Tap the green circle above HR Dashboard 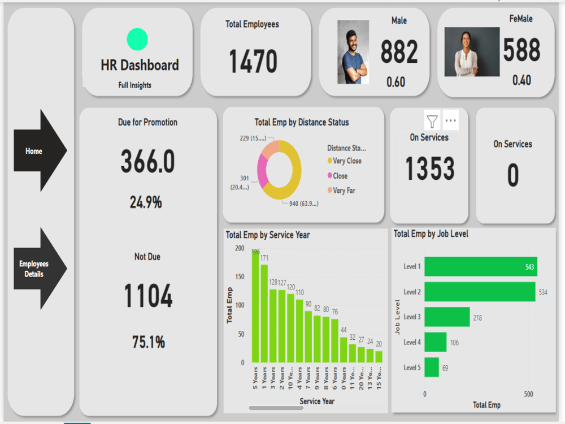(x=137, y=40)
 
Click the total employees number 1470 (x=253, y=62)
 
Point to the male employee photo (x=353, y=52)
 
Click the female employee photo (x=471, y=51)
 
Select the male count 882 (x=399, y=53)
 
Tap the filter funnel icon (x=432, y=120)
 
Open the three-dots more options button (x=451, y=120)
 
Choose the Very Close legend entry (x=346, y=161)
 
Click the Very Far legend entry (x=344, y=191)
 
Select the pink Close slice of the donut (x=262, y=171)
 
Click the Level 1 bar (x=480, y=266)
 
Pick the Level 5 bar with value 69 (x=432, y=367)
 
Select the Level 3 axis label (x=412, y=317)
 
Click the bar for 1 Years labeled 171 (x=264, y=313)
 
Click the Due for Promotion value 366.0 (x=147, y=163)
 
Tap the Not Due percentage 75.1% (x=148, y=342)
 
